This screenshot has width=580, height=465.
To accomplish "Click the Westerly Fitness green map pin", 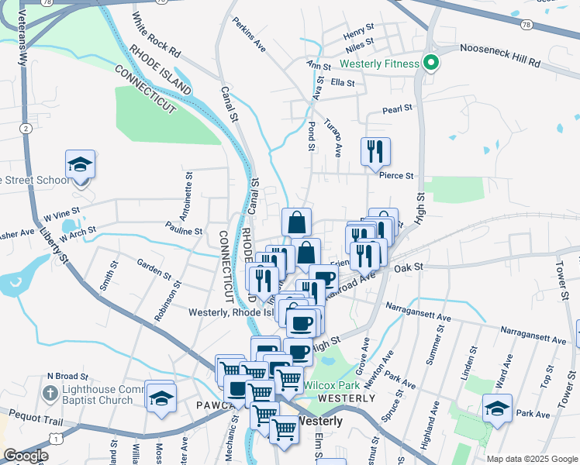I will (431, 63).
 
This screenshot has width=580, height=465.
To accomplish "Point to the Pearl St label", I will (397, 110).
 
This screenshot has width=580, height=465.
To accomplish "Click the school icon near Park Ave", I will (496, 408).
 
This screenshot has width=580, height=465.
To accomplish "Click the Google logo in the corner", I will (26, 456).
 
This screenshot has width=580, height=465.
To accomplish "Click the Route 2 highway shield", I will (26, 128).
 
